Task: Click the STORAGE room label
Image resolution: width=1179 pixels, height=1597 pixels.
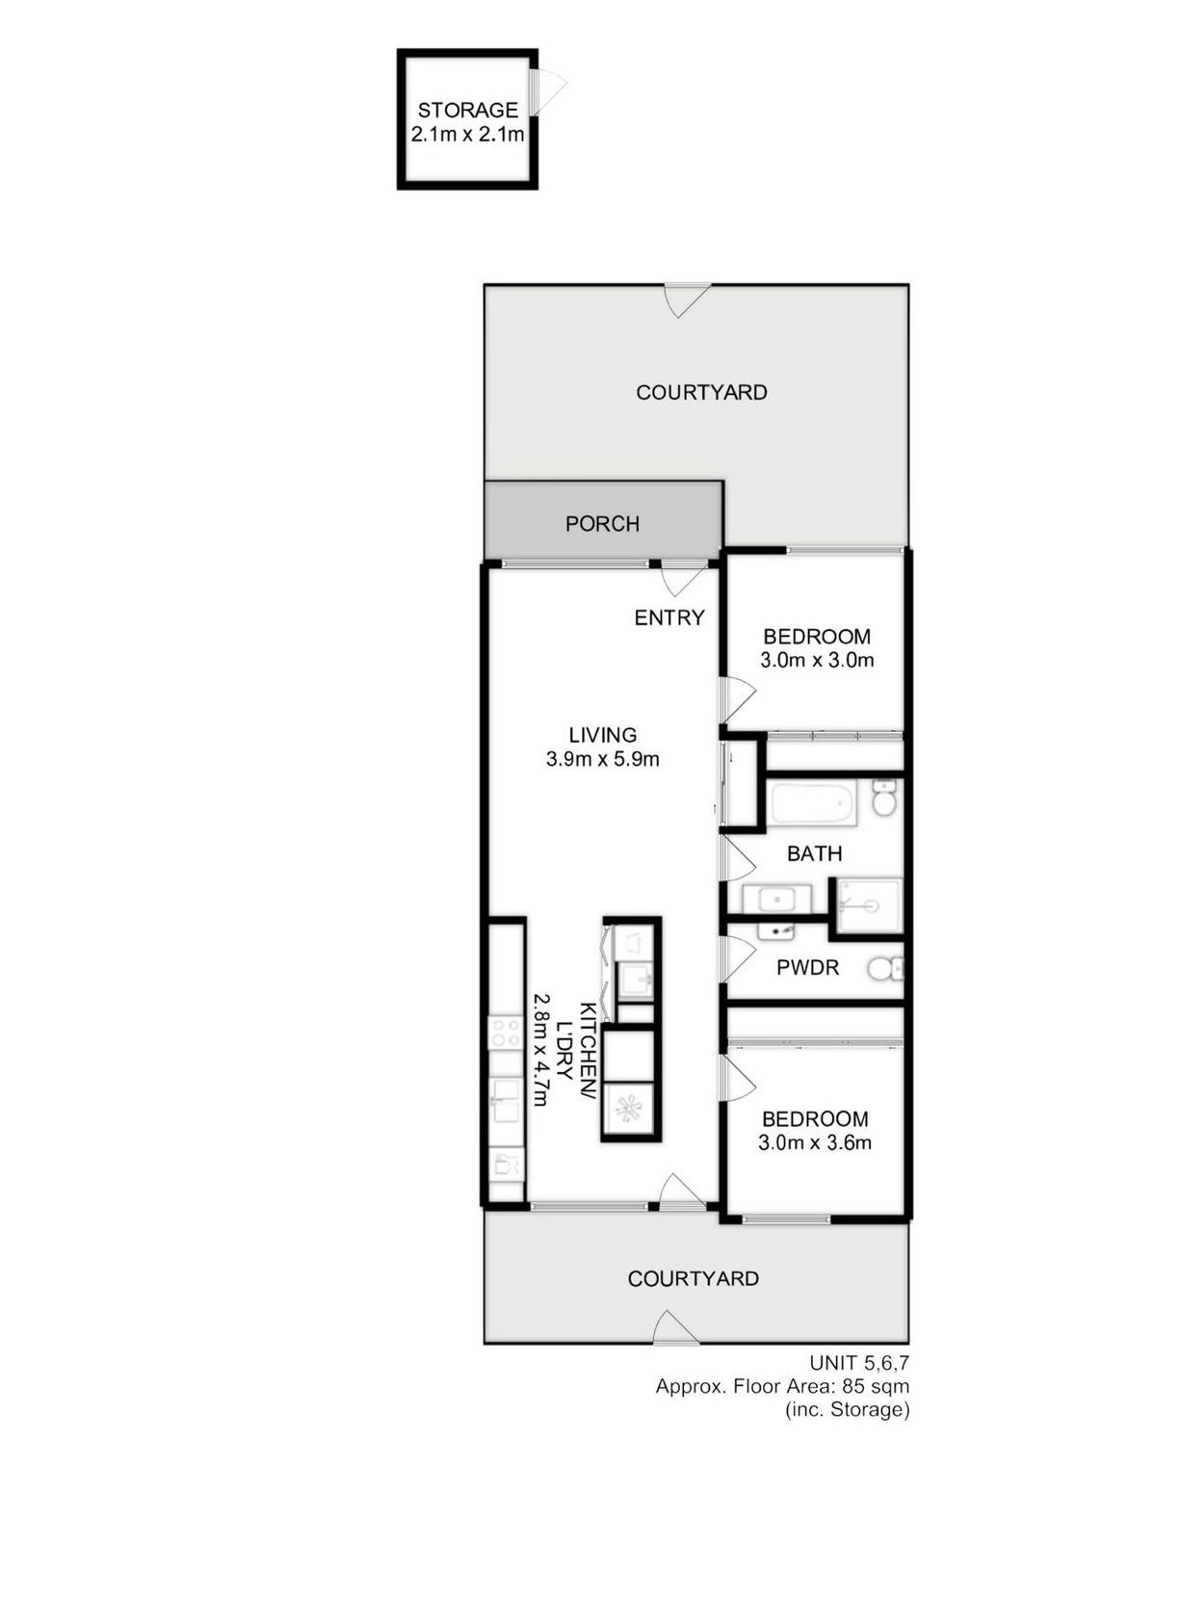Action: pyautogui.click(x=467, y=110)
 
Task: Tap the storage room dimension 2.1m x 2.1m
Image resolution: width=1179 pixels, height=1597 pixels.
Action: pyautogui.click(x=467, y=135)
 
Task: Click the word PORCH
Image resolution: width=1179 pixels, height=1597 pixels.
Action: pyautogui.click(x=602, y=523)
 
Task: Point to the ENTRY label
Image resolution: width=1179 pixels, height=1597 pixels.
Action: pyautogui.click(x=669, y=617)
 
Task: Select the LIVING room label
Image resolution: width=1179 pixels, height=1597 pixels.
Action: pyautogui.click(x=603, y=734)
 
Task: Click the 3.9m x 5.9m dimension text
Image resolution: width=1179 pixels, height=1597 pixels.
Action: pyautogui.click(x=603, y=759)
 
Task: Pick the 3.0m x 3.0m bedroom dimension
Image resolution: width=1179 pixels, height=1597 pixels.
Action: pyautogui.click(x=817, y=660)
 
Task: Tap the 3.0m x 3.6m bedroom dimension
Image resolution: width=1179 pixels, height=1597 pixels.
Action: pyautogui.click(x=815, y=1142)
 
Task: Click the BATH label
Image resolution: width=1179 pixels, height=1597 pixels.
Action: pyautogui.click(x=815, y=854)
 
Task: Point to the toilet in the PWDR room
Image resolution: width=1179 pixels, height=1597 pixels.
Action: pyautogui.click(x=885, y=968)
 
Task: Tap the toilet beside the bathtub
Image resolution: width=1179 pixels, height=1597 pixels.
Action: pyautogui.click(x=883, y=798)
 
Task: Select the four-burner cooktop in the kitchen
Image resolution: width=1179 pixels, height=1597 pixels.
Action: pyautogui.click(x=506, y=1033)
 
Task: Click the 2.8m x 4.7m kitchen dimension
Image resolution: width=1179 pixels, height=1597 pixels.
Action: pyautogui.click(x=542, y=1050)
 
